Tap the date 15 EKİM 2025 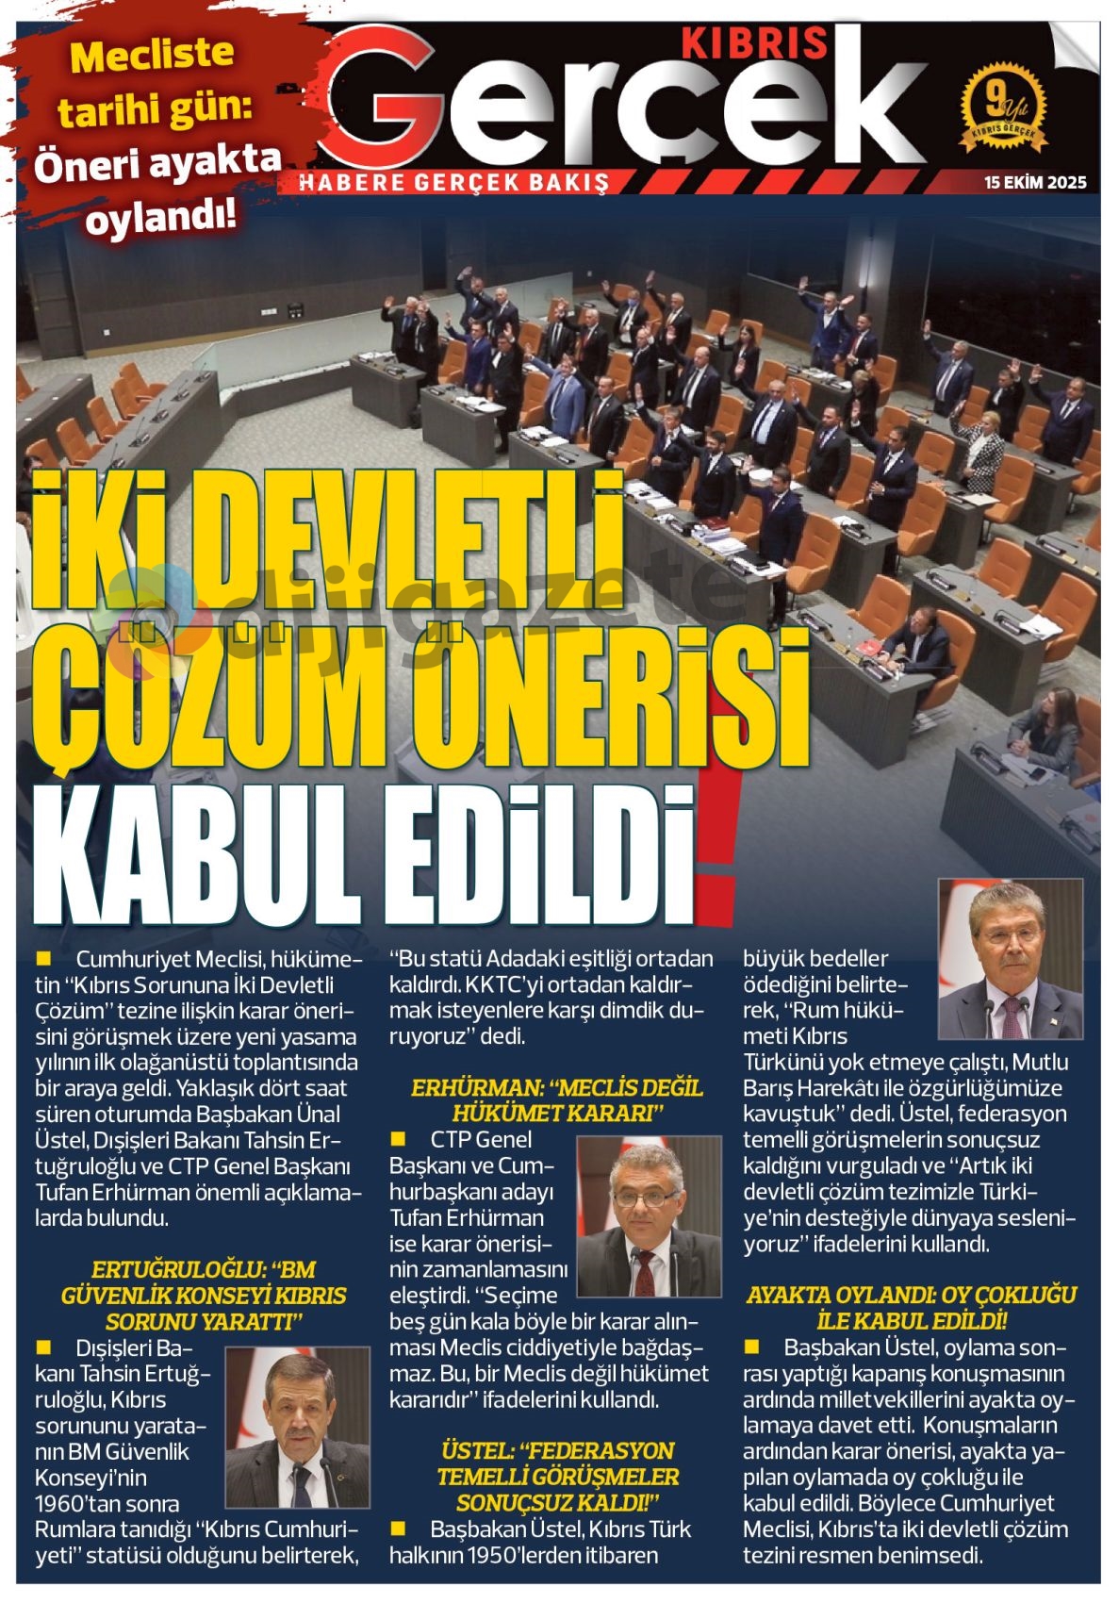tap(1034, 182)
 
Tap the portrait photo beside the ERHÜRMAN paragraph tap(640, 1216)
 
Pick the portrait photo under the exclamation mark tap(1010, 958)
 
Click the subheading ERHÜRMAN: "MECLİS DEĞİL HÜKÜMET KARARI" tap(557, 1100)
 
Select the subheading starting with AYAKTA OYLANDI tap(911, 1308)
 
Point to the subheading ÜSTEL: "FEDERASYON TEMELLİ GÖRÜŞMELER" tap(557, 1477)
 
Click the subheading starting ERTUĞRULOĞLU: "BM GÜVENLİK tap(204, 1296)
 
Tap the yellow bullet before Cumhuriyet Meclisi tap(42, 959)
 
